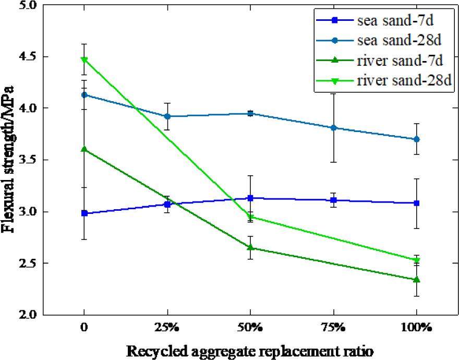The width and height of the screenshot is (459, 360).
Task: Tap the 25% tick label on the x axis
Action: [167, 328]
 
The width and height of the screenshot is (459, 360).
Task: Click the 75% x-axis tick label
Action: [333, 328]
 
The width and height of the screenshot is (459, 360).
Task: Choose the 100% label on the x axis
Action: [416, 328]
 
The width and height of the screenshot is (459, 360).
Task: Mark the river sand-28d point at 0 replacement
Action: [84, 59]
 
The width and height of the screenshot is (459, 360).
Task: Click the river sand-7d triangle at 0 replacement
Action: [84, 149]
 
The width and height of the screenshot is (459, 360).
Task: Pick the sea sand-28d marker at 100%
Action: [416, 139]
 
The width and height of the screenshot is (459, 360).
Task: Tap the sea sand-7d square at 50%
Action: [250, 198]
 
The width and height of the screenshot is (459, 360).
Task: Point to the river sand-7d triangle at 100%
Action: [416, 280]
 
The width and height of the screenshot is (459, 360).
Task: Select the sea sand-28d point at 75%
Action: [333, 128]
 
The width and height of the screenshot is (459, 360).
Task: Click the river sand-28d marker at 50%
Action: [250, 217]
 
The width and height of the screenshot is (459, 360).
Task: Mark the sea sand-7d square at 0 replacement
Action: [84, 213]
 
